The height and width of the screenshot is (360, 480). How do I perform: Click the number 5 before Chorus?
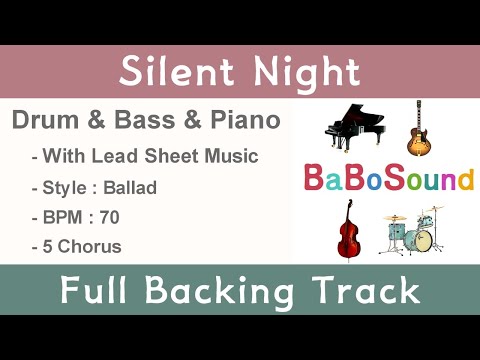(x=48, y=245)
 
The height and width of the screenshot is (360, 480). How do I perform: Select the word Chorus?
(x=91, y=245)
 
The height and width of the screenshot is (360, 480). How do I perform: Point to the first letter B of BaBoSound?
(x=313, y=179)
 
